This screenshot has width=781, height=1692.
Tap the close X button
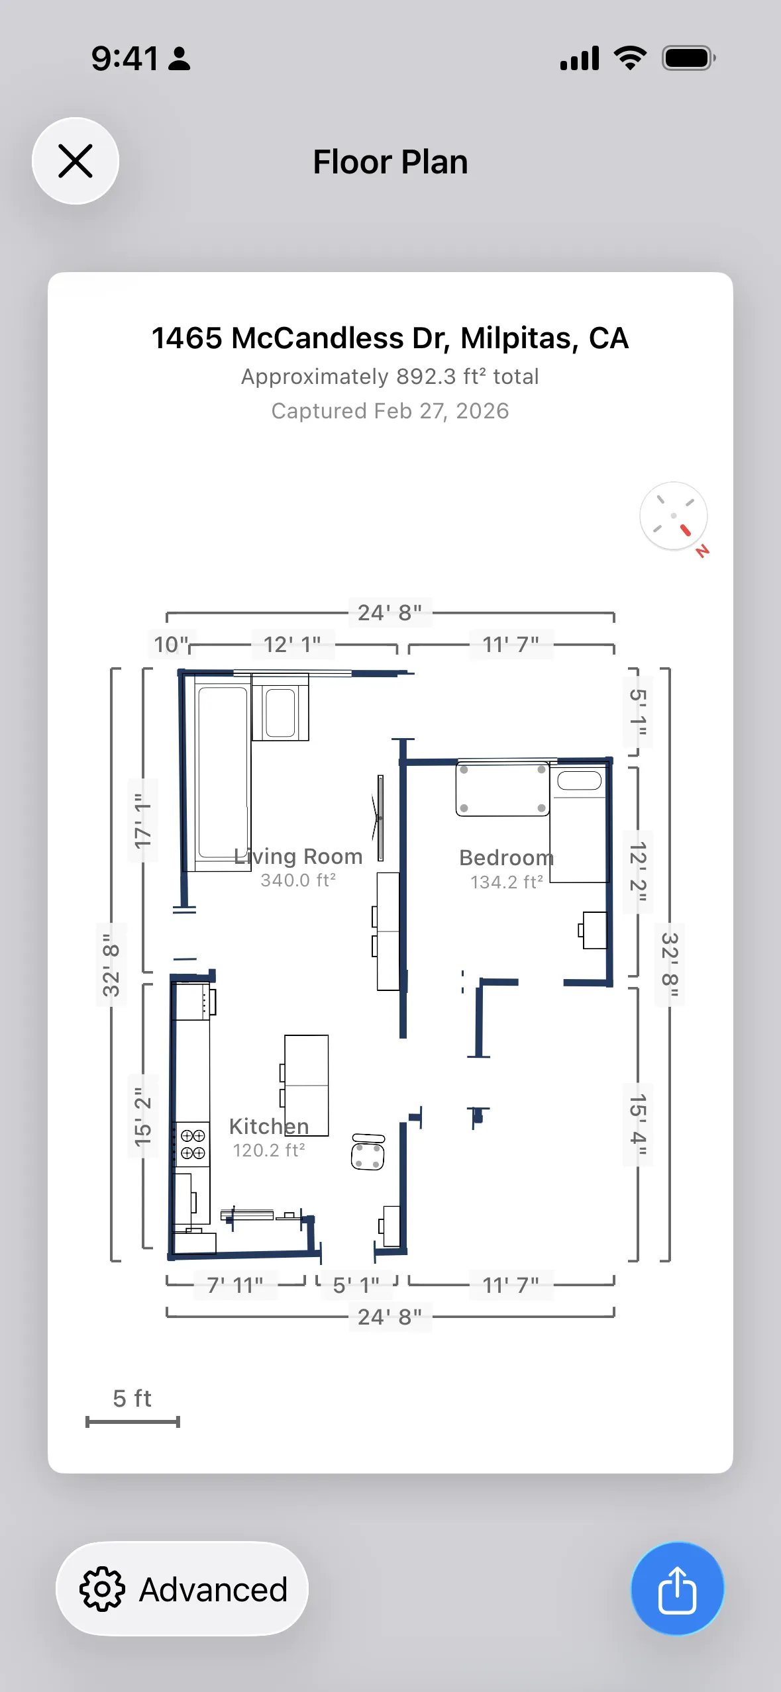(x=76, y=161)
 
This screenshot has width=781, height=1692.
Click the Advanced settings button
(x=182, y=1589)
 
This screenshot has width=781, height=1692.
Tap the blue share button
(x=677, y=1589)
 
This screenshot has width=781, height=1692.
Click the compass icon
(x=673, y=516)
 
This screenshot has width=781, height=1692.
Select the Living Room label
(x=298, y=857)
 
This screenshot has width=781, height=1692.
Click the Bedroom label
(x=506, y=858)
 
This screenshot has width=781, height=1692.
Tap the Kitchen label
(x=269, y=1127)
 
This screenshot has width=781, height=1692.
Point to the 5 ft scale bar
(x=132, y=1422)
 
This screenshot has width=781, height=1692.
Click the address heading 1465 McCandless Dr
(x=390, y=338)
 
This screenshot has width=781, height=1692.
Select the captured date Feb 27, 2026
(x=390, y=411)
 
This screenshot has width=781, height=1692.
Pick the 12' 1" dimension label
(x=292, y=644)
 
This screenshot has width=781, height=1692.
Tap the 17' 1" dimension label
(x=143, y=821)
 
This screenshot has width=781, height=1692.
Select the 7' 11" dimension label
(x=235, y=1286)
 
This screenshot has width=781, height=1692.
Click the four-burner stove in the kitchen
(x=192, y=1144)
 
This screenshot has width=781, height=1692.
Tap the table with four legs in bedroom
(x=502, y=789)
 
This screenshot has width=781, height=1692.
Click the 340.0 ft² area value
(x=298, y=880)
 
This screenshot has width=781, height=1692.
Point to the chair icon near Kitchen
(x=368, y=1152)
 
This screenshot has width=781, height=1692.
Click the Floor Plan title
(x=390, y=162)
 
